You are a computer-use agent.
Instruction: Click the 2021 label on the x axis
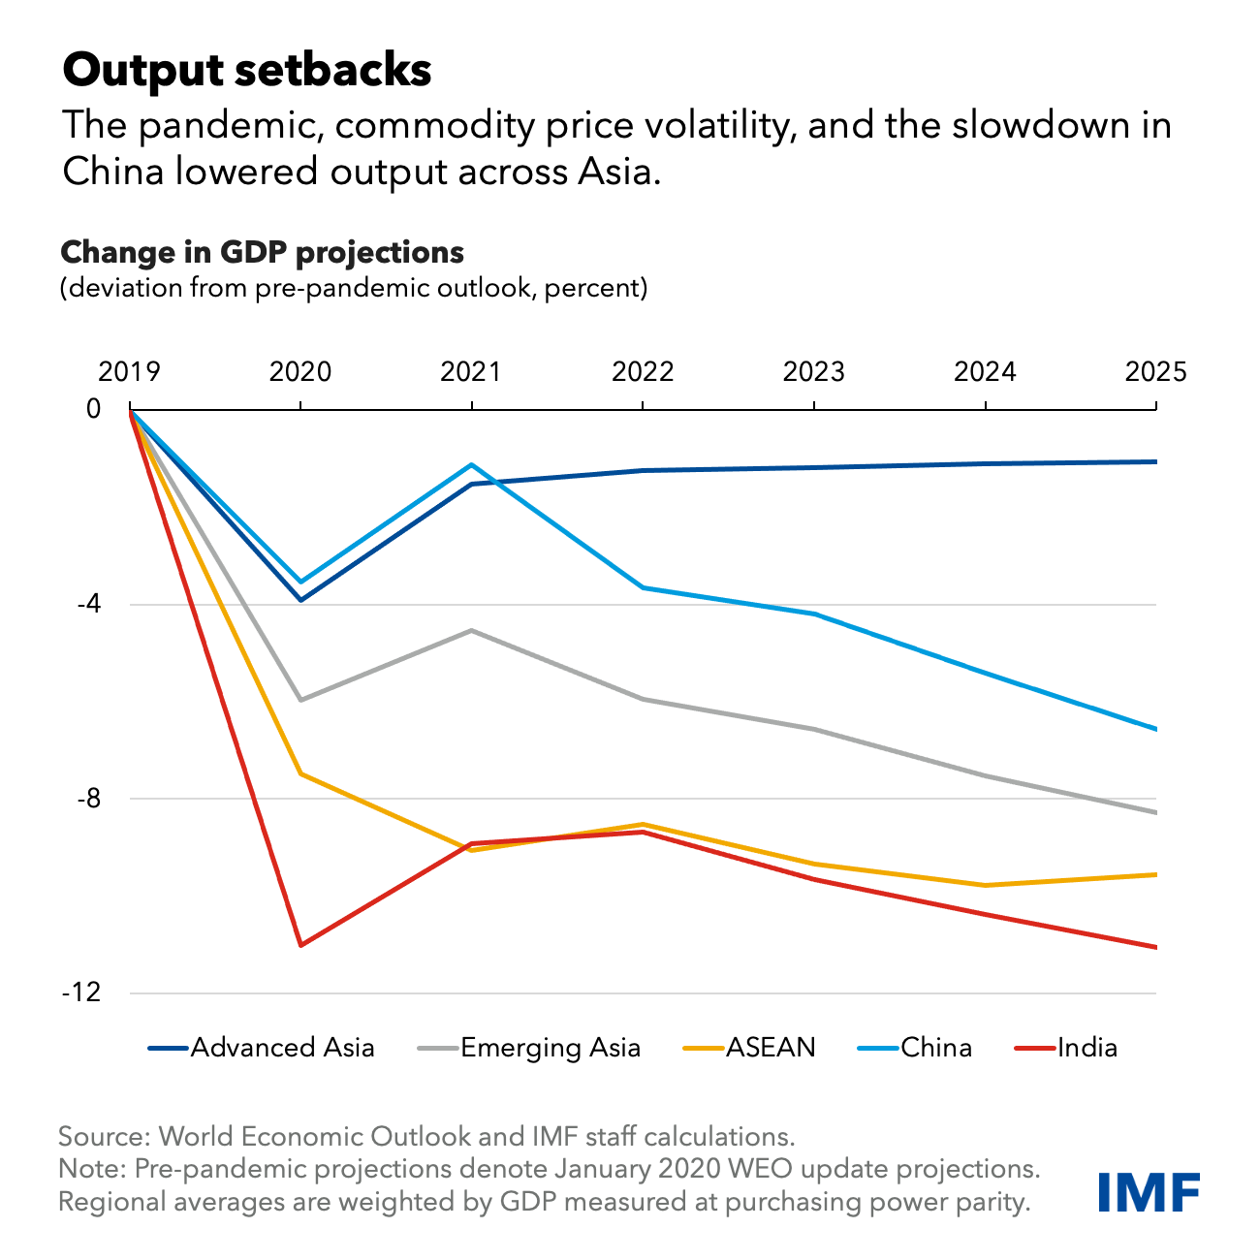point(471,372)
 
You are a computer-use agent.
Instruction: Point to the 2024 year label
point(985,372)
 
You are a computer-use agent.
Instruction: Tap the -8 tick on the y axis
point(87,800)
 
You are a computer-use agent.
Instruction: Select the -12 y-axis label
point(81,993)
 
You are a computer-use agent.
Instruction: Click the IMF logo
point(1150,1191)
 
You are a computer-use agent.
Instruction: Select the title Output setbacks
point(246,71)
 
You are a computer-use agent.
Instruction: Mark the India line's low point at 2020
point(300,945)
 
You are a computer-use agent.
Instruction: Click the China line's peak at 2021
point(471,464)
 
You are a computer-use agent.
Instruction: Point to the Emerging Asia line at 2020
point(300,700)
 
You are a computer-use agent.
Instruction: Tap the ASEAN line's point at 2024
point(985,885)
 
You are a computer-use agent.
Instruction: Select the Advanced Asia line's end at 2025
point(1155,461)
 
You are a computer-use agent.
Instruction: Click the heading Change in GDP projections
point(262,253)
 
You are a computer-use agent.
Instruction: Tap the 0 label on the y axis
point(94,409)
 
